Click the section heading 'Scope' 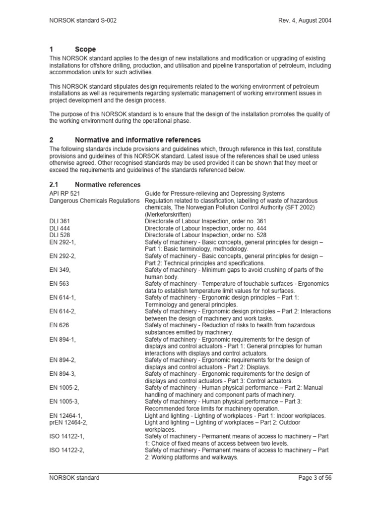pos(85,50)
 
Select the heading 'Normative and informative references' pos(137,140)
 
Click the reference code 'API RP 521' pos(64,193)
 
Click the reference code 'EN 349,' pos(60,270)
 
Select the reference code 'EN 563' pos(59,284)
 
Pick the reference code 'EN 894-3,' pos(63,374)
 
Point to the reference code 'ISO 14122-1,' pos(67,436)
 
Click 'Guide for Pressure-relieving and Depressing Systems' pos(214,193)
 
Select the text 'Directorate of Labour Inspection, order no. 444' pos(205,228)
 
